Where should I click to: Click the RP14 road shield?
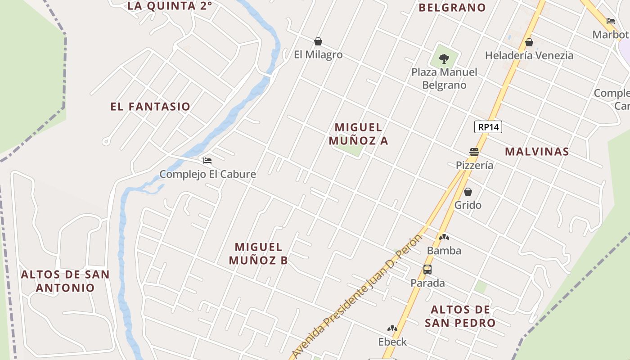tap(488, 127)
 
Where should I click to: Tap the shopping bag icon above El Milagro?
tap(318, 42)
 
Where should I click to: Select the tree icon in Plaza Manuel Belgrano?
tap(444, 58)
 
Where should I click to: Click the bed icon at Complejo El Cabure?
tap(207, 161)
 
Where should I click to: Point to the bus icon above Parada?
tap(427, 270)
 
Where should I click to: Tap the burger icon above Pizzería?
tap(474, 152)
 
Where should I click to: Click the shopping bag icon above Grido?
tap(468, 192)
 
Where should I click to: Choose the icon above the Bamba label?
tap(444, 237)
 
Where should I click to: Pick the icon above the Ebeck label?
tap(392, 329)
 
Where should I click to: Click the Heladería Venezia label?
tap(529, 55)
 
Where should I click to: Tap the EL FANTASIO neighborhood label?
tap(150, 107)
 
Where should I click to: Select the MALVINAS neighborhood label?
tap(537, 152)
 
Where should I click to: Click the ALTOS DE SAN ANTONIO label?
tap(65, 281)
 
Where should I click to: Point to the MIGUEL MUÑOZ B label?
tap(258, 253)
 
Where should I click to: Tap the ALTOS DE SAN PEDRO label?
tap(460, 316)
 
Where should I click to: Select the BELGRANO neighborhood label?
tap(452, 8)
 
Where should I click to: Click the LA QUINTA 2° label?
tap(170, 6)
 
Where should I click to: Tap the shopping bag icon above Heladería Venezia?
tap(529, 43)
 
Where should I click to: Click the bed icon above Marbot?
tap(611, 21)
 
